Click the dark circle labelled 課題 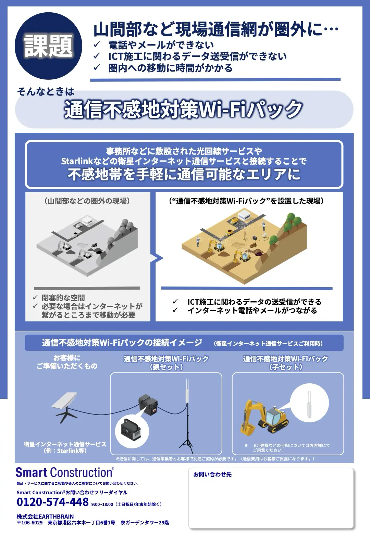tap(48, 46)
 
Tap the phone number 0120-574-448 tap(52, 501)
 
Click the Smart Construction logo tap(65, 472)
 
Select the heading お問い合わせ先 tap(212, 474)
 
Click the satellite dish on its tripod tap(65, 407)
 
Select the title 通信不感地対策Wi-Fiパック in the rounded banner tap(183, 110)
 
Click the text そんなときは tap(45, 91)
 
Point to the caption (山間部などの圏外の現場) tap(87, 201)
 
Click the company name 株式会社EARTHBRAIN tap(45, 516)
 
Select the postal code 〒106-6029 tap(29, 523)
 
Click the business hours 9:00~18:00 tap(102, 505)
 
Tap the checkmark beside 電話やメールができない tap(97, 44)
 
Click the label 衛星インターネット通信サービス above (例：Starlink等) tap(65, 444)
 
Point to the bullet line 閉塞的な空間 tap(63, 298)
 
